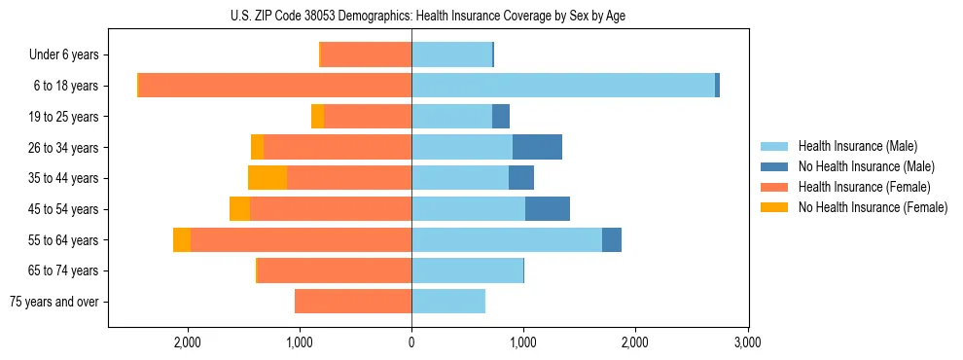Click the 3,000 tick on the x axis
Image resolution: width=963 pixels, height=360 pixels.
(x=747, y=342)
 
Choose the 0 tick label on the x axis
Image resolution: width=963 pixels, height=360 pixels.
(x=411, y=342)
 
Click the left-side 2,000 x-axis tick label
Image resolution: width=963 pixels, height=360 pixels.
(x=187, y=342)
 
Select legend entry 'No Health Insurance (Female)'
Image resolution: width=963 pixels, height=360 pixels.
(x=873, y=207)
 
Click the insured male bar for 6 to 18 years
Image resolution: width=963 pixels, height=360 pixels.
(x=563, y=86)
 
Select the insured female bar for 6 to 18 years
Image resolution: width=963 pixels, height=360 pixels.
(x=275, y=86)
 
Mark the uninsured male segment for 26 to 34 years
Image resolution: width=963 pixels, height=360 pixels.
(x=537, y=147)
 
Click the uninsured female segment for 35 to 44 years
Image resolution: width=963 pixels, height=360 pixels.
(x=267, y=178)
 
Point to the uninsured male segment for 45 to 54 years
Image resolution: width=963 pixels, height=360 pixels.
(x=548, y=208)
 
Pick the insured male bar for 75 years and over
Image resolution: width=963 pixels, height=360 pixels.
(x=448, y=302)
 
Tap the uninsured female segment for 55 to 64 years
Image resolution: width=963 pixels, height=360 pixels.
(x=182, y=239)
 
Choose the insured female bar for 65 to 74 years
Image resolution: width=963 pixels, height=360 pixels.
(x=335, y=270)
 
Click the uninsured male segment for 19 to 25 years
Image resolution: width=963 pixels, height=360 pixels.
(x=501, y=117)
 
